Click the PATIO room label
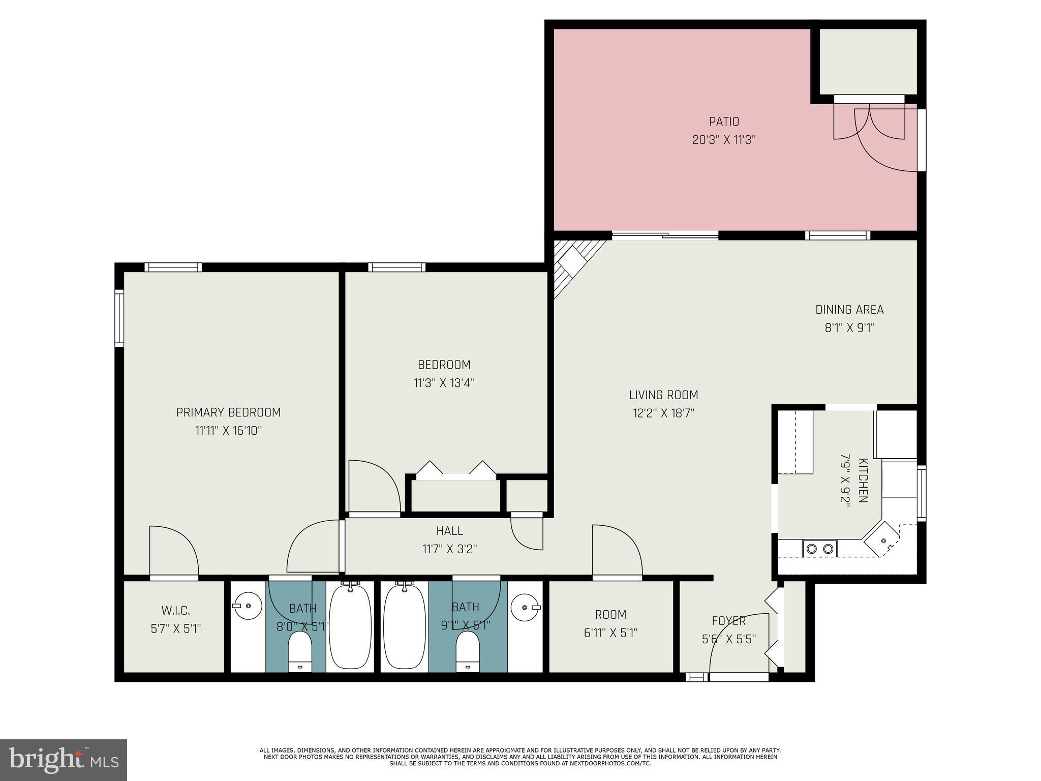pyautogui.click(x=724, y=122)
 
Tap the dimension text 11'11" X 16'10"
pyautogui.click(x=228, y=431)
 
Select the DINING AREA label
pyautogui.click(x=849, y=310)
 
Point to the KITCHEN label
pyautogui.click(x=863, y=480)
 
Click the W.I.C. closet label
pyautogui.click(x=176, y=611)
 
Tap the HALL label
pyautogui.click(x=449, y=531)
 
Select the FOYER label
pyautogui.click(x=728, y=621)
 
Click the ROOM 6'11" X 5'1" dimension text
pyautogui.click(x=610, y=633)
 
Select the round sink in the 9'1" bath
pyautogui.click(x=524, y=607)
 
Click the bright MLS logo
pyautogui.click(x=63, y=760)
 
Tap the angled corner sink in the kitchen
pyautogui.click(x=883, y=541)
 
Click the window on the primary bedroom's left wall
pyautogui.click(x=119, y=318)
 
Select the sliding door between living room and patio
pyautogui.click(x=665, y=235)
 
